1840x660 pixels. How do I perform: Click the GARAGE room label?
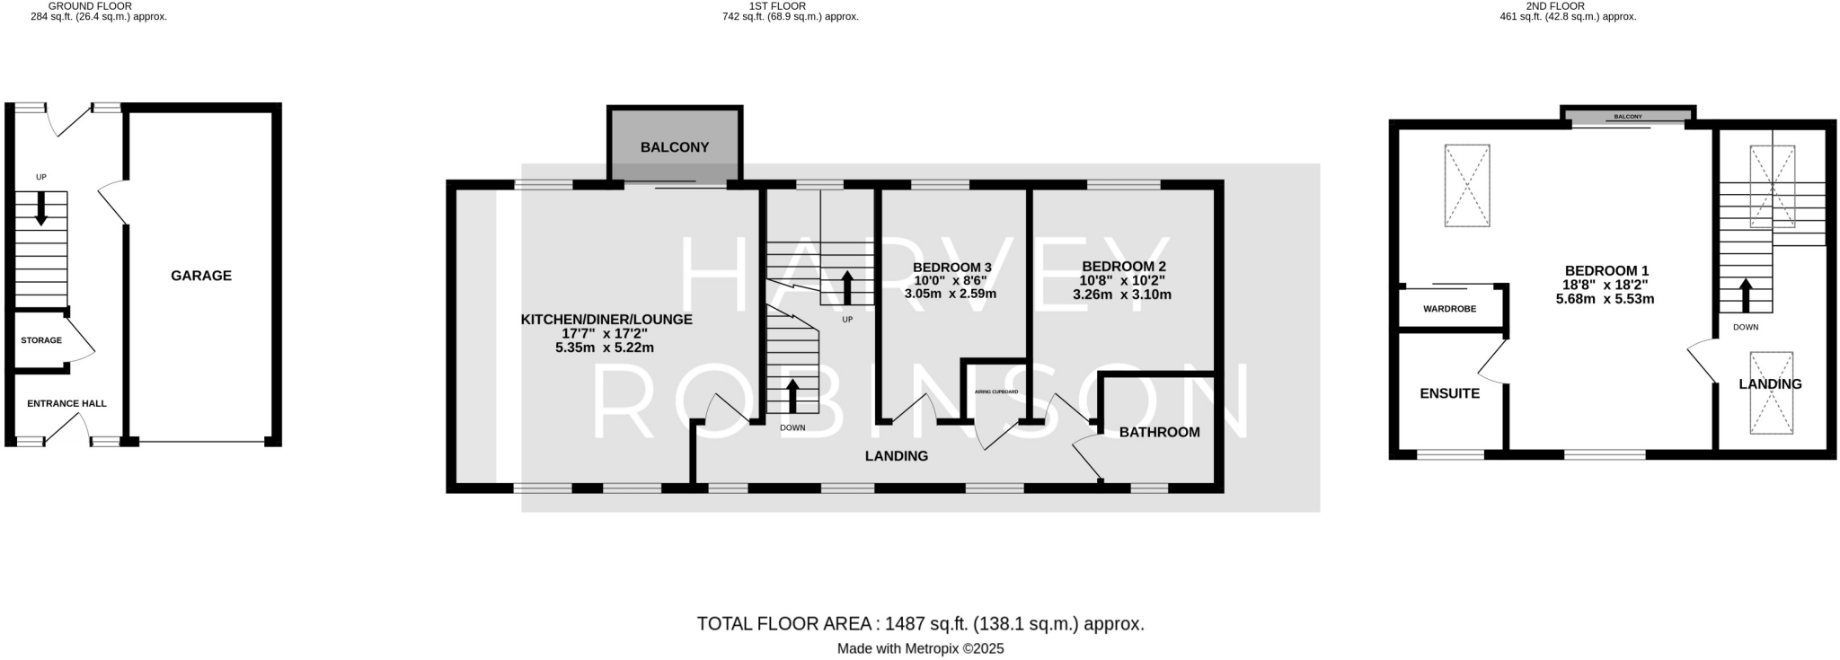[201, 276]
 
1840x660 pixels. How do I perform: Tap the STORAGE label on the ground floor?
[41, 340]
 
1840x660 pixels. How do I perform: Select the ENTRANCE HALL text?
[66, 403]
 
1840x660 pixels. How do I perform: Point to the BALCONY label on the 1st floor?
[675, 147]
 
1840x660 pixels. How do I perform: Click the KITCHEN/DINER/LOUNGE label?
[606, 319]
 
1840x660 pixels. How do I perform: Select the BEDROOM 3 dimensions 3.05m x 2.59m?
[951, 293]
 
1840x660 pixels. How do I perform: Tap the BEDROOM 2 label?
[1124, 267]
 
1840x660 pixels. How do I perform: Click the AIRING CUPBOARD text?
[996, 392]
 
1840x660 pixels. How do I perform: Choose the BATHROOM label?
[1159, 432]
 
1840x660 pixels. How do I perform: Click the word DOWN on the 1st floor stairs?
[792, 427]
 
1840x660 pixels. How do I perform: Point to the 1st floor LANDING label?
[896, 456]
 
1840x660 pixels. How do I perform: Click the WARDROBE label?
[1449, 309]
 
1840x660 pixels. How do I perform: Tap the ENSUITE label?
[1449, 393]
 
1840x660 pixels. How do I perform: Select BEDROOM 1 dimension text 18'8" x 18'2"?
[1606, 285]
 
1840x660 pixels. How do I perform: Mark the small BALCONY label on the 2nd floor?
[1627, 117]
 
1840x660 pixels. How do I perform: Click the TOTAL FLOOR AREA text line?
[920, 623]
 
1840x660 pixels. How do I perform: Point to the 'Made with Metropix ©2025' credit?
[920, 648]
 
